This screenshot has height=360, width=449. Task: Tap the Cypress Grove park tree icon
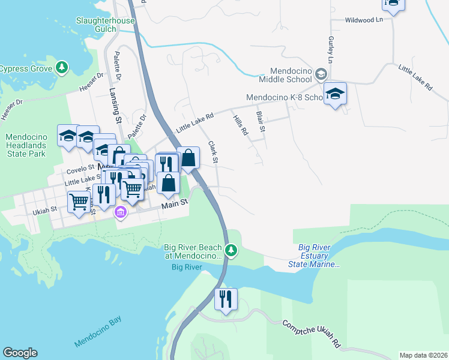tap(61, 68)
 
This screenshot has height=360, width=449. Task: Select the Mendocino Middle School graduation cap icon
tap(322, 74)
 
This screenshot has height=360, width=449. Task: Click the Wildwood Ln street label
tap(364, 20)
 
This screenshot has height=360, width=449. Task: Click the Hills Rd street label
tap(240, 125)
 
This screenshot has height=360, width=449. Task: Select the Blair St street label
tap(261, 121)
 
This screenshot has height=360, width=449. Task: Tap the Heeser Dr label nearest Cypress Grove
tap(91, 83)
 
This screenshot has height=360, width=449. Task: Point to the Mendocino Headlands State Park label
tap(25, 145)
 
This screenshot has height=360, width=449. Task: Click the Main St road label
tap(174, 205)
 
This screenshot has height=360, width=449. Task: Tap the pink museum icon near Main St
tap(120, 212)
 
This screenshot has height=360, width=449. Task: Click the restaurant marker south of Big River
tap(225, 299)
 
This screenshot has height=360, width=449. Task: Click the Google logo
tap(19, 353)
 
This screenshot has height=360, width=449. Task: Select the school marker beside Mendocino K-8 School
tap(336, 94)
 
